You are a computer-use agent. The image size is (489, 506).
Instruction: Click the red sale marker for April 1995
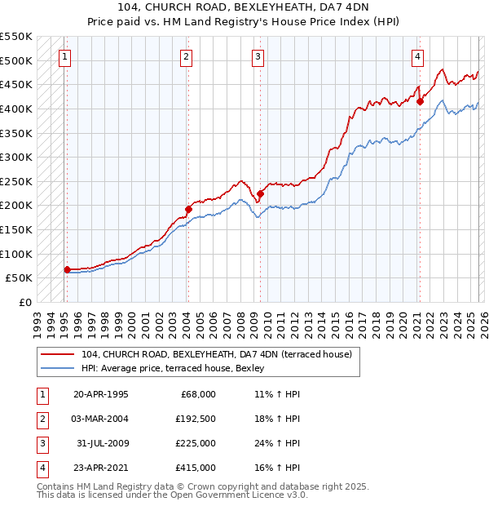[x=67, y=269]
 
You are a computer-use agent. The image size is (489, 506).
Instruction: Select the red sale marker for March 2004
[x=187, y=209]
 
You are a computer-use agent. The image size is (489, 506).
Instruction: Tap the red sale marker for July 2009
[x=260, y=193]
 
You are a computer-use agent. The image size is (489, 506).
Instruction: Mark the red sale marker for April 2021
[x=420, y=102]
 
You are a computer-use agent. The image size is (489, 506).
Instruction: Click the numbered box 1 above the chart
[x=64, y=56]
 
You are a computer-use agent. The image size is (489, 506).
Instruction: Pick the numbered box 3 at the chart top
[x=257, y=56]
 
